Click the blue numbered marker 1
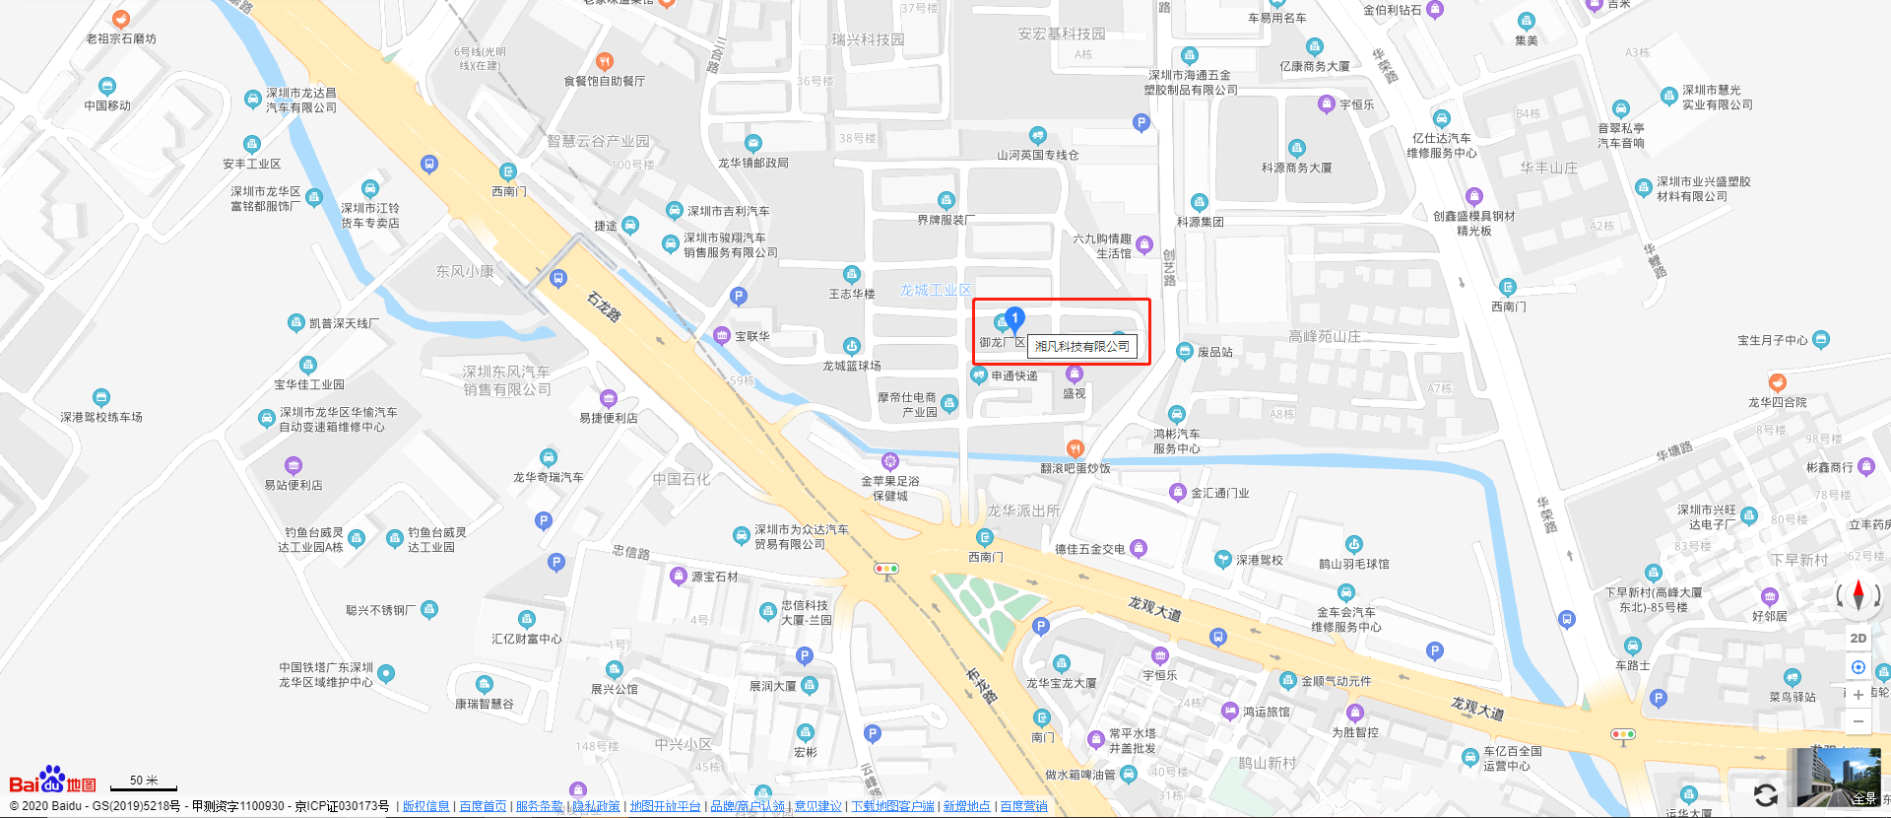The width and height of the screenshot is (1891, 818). coord(1014,318)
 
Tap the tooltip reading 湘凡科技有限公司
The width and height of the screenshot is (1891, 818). coord(1082,346)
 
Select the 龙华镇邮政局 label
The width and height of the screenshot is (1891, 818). coord(753,163)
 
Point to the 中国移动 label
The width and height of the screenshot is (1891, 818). coord(107,105)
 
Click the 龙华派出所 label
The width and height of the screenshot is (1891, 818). coord(1023,511)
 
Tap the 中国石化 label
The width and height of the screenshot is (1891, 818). coord(681,479)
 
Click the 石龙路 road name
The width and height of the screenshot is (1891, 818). coord(604,307)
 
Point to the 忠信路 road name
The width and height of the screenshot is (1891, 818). coord(631,552)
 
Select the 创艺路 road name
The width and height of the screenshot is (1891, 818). coord(1169,267)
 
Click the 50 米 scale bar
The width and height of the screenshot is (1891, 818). coord(144,783)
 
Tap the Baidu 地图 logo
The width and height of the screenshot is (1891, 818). coord(53,781)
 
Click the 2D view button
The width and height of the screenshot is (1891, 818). coord(1858,638)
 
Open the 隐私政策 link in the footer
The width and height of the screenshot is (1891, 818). coord(597,806)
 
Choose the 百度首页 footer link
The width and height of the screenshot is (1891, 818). coord(483,806)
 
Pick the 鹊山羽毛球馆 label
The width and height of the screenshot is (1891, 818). coord(1354,564)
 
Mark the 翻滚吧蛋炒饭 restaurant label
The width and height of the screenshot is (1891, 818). coord(1076,468)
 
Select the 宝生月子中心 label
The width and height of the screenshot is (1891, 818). coord(1773,340)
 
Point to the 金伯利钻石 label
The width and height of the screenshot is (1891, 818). coord(1393,11)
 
